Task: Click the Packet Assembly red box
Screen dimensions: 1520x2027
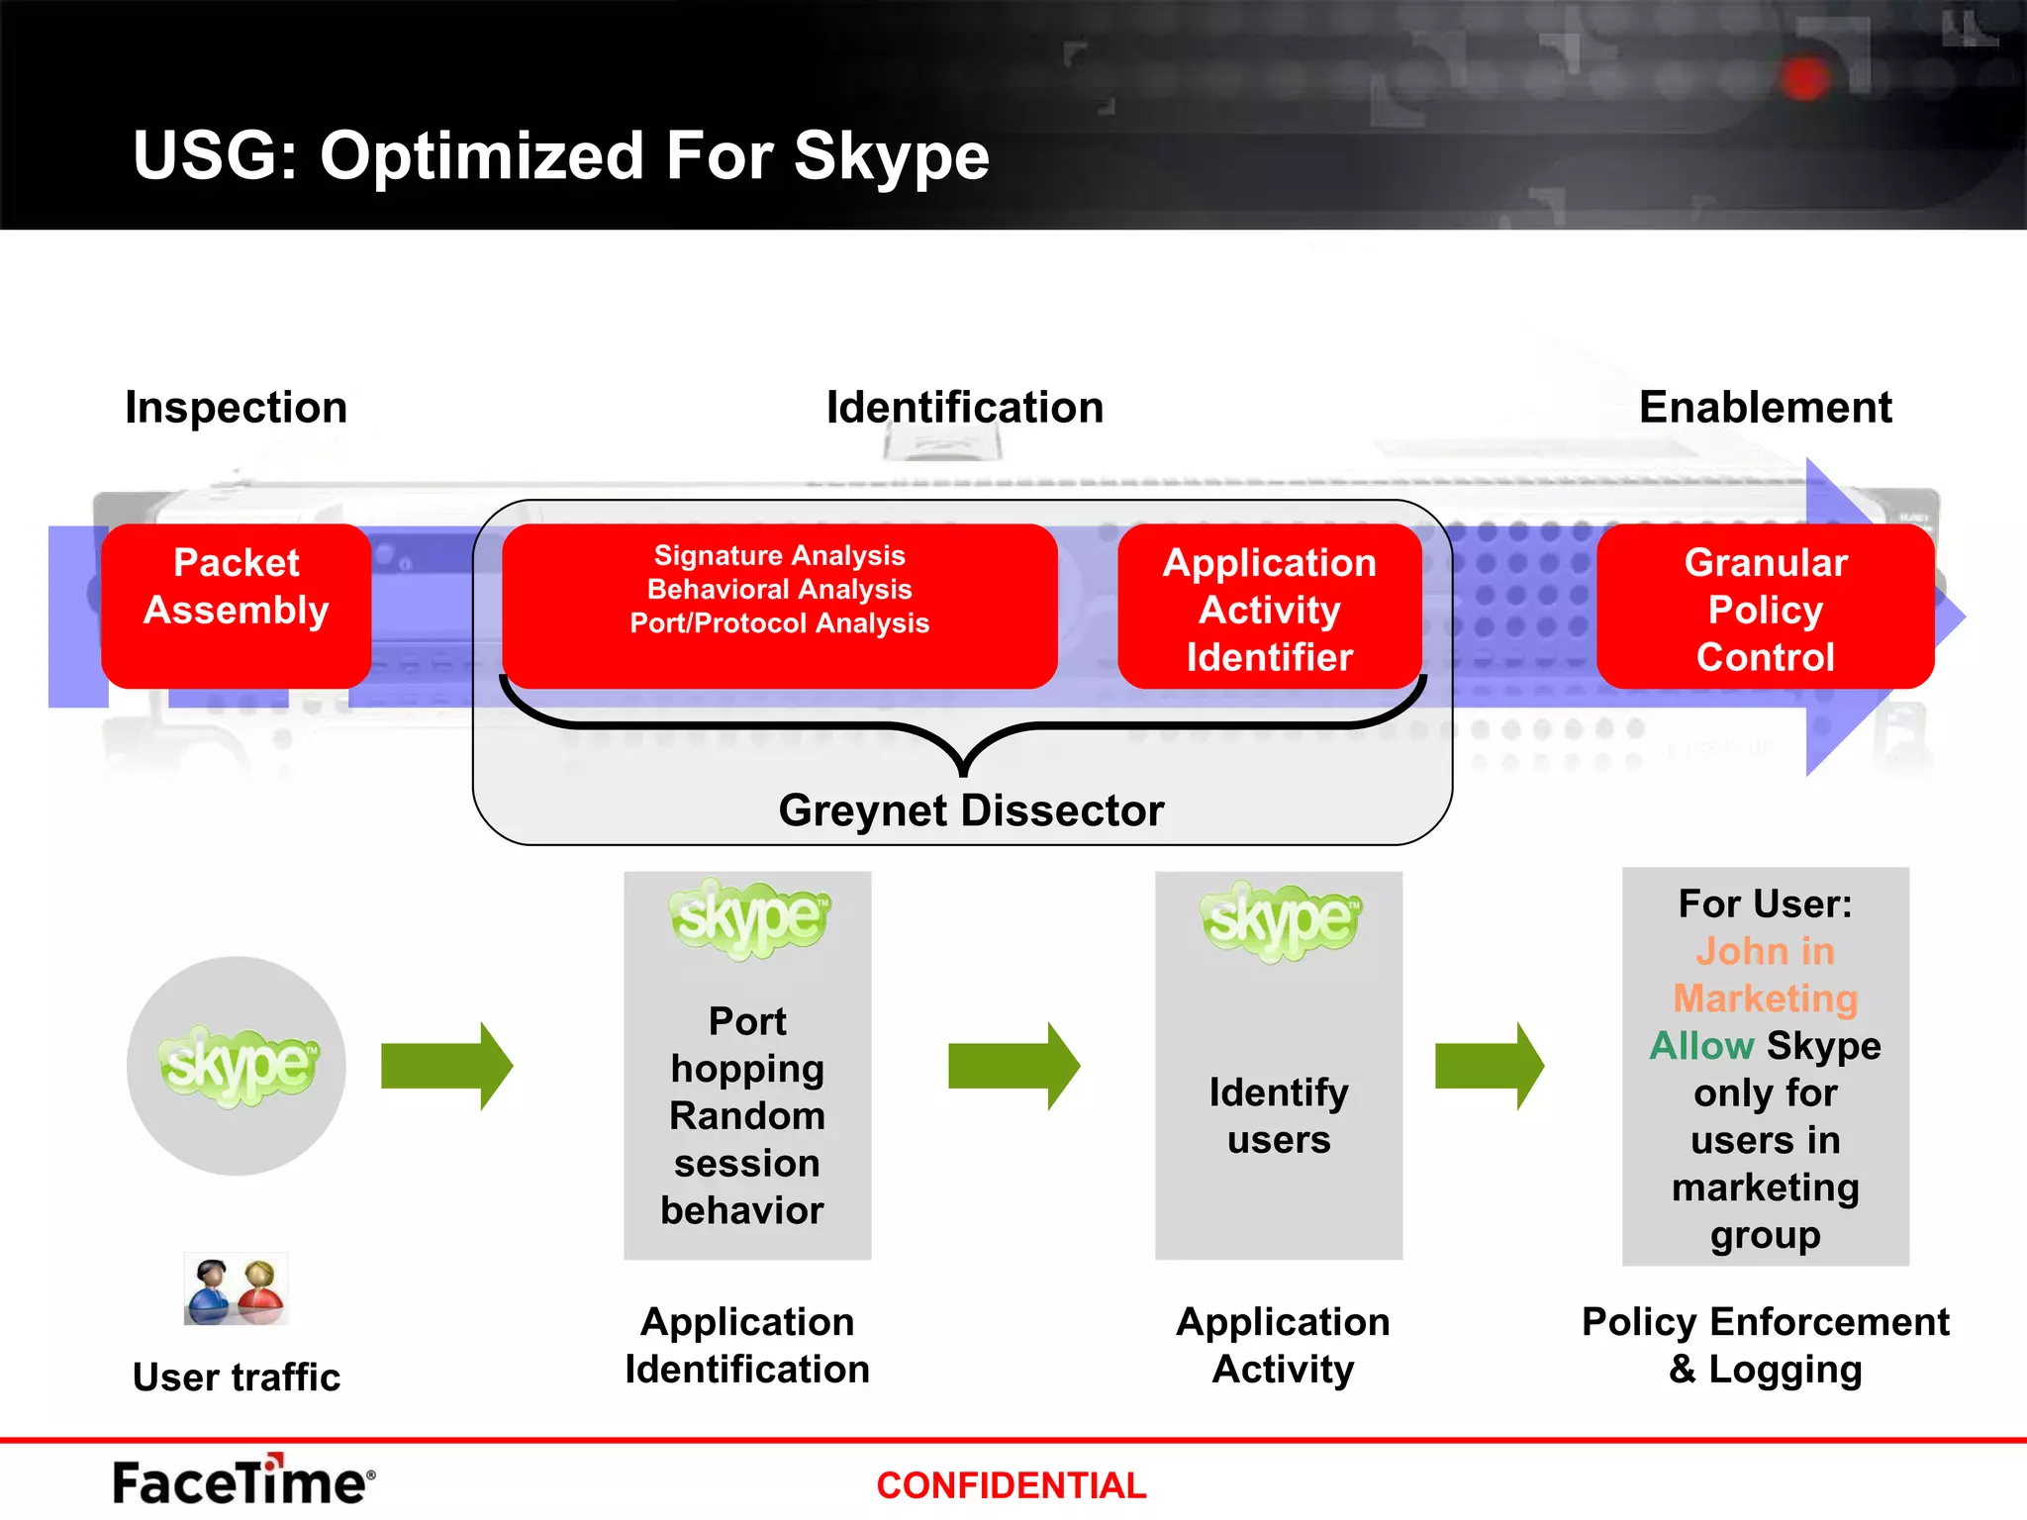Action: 236,606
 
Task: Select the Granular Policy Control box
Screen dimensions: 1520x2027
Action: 1765,608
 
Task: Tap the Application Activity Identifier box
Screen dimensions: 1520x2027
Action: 1269,608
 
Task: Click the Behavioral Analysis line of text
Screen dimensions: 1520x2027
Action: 779,590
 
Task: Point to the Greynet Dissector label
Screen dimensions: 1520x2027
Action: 970,810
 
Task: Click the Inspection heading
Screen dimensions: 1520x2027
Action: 236,408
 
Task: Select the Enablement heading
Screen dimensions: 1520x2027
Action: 1765,408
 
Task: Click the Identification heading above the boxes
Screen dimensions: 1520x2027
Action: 964,408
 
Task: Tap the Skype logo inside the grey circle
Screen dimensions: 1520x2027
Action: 238,1065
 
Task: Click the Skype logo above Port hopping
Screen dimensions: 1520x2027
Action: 748,918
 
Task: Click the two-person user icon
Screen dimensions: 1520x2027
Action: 236,1289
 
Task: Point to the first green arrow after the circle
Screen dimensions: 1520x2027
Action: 446,1066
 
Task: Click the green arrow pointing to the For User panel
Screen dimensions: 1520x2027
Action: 1488,1066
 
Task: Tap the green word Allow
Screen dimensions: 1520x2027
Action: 1700,1046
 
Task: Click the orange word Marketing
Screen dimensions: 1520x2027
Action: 1765,998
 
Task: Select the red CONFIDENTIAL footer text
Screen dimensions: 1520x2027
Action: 1011,1485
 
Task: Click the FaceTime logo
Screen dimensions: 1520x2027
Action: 242,1481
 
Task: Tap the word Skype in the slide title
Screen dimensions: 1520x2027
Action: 891,156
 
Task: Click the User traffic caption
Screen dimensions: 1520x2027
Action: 236,1377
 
